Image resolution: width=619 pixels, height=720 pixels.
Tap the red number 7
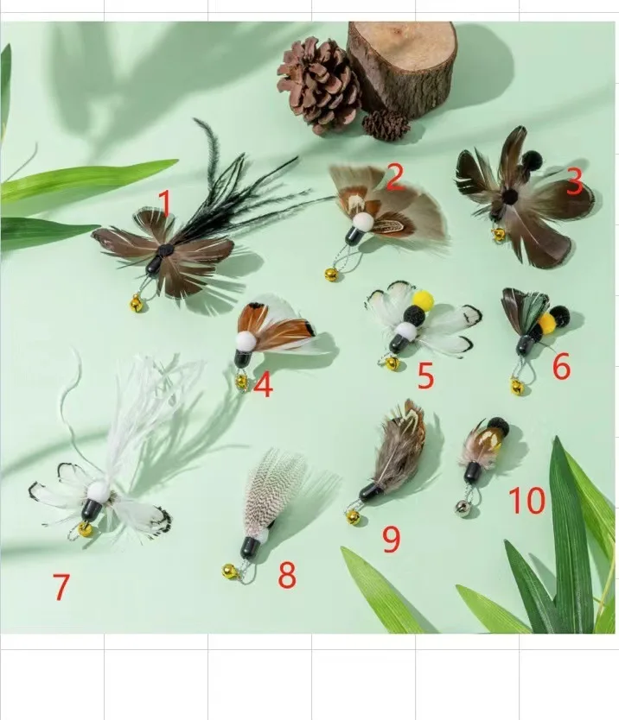[x=61, y=586]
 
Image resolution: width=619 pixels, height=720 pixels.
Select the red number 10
[x=527, y=500]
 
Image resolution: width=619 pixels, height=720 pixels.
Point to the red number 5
[x=425, y=376]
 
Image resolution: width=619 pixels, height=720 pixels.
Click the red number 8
[x=287, y=574]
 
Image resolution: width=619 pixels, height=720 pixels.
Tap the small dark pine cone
[x=386, y=125]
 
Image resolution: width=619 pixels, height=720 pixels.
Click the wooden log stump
[x=403, y=68]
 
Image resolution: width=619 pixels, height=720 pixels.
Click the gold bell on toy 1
[x=136, y=303]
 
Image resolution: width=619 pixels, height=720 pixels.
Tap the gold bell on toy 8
[x=230, y=572]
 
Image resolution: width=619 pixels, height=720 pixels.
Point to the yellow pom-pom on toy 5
[x=423, y=300]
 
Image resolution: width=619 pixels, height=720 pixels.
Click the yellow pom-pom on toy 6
[x=546, y=323]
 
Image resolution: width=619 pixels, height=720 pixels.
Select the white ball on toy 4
[x=246, y=342]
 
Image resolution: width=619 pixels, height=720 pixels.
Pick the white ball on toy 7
[x=99, y=492]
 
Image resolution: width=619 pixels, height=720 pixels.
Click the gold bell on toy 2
[x=330, y=275]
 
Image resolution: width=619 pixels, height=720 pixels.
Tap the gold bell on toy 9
[x=354, y=517]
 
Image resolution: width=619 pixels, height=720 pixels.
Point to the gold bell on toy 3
[x=499, y=234]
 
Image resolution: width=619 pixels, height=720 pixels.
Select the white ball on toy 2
[x=363, y=222]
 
